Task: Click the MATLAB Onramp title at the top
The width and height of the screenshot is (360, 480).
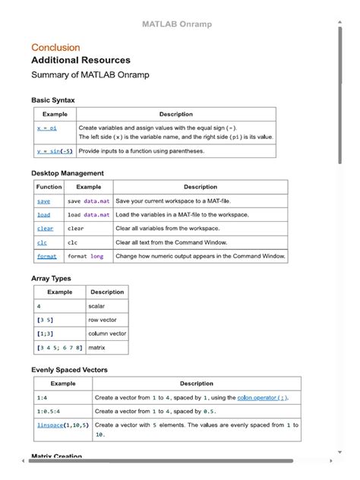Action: (177, 24)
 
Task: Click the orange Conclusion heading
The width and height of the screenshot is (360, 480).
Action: (55, 47)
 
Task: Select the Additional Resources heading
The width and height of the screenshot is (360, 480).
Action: (81, 60)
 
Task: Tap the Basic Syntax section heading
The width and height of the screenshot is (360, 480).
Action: (53, 100)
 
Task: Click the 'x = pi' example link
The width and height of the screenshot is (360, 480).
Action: (47, 128)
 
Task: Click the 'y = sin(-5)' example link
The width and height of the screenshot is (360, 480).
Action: (55, 151)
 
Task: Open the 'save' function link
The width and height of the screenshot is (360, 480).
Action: (43, 201)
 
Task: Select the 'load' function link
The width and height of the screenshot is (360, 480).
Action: (43, 215)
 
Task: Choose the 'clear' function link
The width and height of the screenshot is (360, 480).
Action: (46, 229)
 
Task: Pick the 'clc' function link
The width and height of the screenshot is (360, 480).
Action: (42, 243)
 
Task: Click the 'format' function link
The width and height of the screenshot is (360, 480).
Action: (47, 257)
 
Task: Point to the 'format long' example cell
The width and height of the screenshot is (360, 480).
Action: (85, 257)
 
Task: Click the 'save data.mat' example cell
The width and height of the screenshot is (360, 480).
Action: (88, 201)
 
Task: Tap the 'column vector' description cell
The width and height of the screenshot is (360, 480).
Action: (107, 333)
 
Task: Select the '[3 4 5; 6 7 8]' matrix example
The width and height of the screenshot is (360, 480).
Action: (59, 348)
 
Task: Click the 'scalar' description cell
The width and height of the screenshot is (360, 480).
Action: (97, 306)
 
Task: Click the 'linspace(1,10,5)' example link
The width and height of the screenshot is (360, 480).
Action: (63, 425)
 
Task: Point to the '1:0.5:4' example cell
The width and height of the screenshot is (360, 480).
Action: (49, 411)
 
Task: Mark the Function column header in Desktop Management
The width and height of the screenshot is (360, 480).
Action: (49, 187)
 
